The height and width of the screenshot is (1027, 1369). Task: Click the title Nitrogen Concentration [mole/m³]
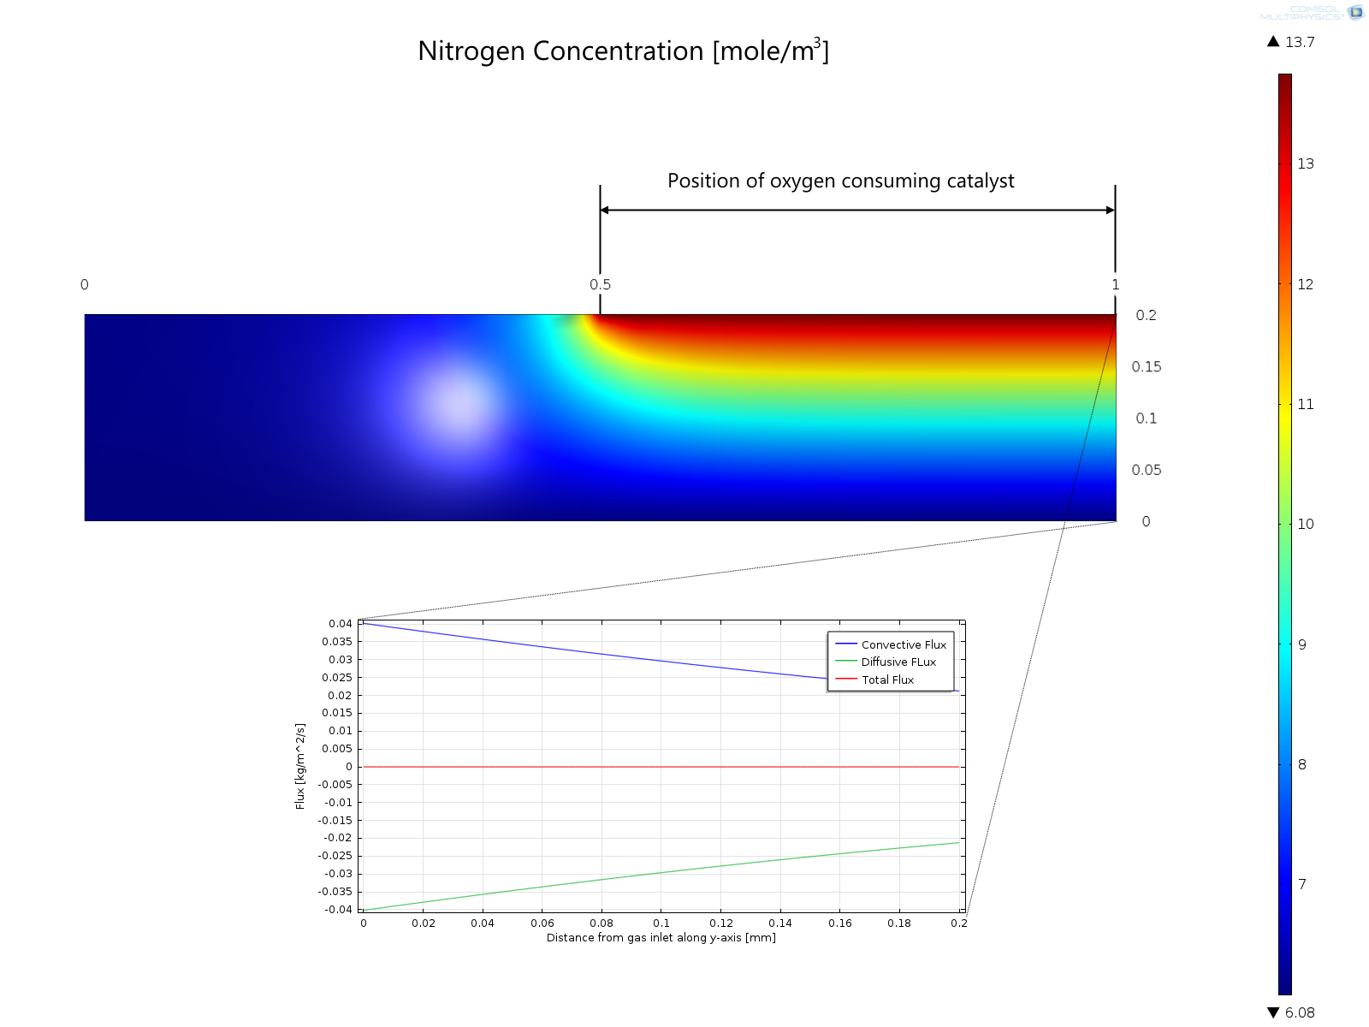coord(623,51)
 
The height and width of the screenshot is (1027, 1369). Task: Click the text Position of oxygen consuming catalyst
coord(840,181)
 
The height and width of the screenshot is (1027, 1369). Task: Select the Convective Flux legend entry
coord(903,644)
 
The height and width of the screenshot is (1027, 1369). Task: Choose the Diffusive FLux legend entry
coord(898,662)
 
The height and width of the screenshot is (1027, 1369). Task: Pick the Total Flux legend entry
coord(887,680)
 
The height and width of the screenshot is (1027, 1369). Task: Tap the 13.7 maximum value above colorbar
coord(1299,42)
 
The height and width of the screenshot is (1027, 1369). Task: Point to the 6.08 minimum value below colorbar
coord(1299,1012)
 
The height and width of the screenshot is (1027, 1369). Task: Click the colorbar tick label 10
coord(1305,525)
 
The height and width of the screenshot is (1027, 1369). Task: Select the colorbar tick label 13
coord(1305,164)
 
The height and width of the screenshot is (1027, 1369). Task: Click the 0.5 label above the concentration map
coord(600,285)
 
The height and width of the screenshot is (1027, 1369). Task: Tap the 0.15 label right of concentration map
coord(1146,367)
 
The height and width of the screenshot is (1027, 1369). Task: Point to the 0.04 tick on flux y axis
coord(340,624)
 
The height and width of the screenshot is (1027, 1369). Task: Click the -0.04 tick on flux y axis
coord(338,910)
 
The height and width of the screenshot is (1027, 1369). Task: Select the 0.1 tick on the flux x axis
coord(661,923)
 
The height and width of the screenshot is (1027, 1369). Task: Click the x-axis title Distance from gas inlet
coord(661,938)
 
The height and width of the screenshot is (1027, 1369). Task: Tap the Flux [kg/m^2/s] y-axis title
coord(300,766)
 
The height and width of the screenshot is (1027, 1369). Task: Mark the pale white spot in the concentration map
coord(459,402)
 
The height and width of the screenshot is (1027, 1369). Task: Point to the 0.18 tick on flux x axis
coord(899,923)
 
